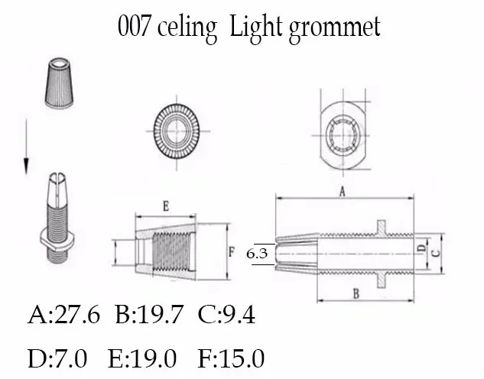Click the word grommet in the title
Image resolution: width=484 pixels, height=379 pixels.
click(335, 28)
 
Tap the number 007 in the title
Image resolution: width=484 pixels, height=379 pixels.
click(134, 26)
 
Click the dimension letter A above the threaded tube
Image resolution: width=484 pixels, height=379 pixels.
click(342, 192)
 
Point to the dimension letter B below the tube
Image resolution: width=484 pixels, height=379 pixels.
click(356, 294)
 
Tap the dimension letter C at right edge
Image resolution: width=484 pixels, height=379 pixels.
click(436, 253)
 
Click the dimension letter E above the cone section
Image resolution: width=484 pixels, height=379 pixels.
click(166, 206)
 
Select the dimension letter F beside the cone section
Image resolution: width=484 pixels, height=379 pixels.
click(232, 251)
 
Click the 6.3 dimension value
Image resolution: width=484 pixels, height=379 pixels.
click(257, 254)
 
